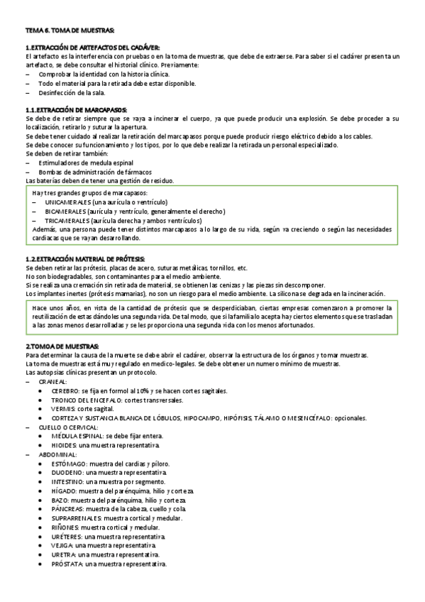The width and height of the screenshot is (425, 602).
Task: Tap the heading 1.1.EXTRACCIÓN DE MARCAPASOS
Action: [x=76, y=110]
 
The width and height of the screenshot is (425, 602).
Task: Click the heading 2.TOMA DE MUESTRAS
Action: [x=62, y=346]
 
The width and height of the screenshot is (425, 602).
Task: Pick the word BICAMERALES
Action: [x=64, y=211]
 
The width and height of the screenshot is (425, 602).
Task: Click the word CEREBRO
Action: [x=65, y=390]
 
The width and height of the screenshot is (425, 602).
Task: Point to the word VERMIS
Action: [x=63, y=408]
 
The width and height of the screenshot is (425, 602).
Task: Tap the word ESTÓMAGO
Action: [x=69, y=462]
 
